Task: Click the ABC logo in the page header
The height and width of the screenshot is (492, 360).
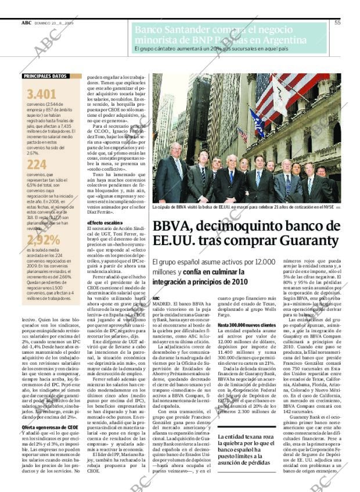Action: click(27, 22)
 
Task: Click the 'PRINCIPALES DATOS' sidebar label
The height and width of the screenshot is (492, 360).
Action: click(44, 76)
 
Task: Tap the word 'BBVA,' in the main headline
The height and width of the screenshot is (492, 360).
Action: click(174, 227)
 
